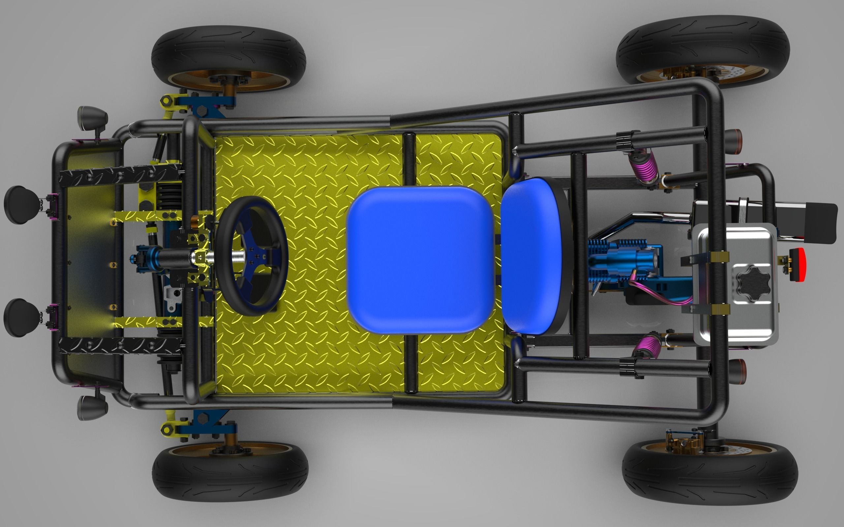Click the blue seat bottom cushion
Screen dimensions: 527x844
click(x=420, y=260)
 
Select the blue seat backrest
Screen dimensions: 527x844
click(x=532, y=256)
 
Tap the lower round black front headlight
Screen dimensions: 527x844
click(x=21, y=317)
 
